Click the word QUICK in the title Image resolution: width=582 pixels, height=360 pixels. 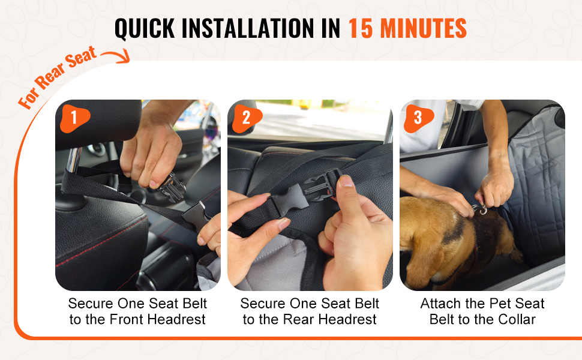pos(145,28)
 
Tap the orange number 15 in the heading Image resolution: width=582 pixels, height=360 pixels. pos(361,28)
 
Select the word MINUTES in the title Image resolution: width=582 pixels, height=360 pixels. pos(424,28)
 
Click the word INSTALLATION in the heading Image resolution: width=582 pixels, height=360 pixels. pos(248,28)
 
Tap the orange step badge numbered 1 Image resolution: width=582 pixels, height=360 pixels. pos(74,118)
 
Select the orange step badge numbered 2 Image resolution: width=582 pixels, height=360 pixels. pos(247,118)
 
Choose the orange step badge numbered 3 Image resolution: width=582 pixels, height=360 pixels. pos(418,118)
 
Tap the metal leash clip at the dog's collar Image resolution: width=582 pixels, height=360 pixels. pos(479,209)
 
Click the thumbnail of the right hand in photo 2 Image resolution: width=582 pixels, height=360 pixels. pos(346,181)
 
